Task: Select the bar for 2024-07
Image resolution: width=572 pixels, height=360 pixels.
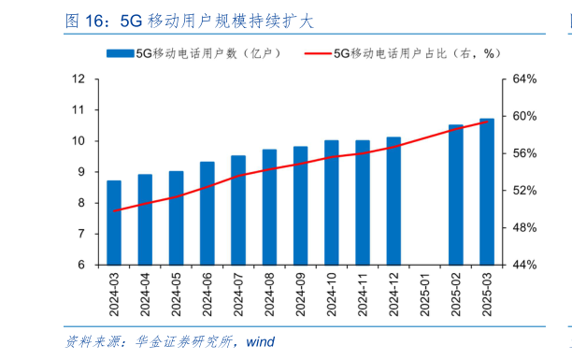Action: [x=238, y=210]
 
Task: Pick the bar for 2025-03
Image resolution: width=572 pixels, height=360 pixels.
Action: [x=487, y=192]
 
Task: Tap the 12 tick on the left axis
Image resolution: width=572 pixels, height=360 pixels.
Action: [x=79, y=79]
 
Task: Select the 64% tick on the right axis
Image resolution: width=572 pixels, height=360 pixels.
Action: [x=523, y=79]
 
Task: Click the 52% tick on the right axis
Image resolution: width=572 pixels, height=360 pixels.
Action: [x=523, y=191]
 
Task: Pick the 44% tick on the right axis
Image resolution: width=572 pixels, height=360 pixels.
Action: [x=523, y=265]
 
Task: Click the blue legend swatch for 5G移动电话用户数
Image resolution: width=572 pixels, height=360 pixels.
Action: [x=121, y=54]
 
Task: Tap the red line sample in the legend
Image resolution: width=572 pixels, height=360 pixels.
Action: [x=318, y=54]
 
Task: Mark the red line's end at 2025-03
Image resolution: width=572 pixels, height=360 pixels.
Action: [x=487, y=122]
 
